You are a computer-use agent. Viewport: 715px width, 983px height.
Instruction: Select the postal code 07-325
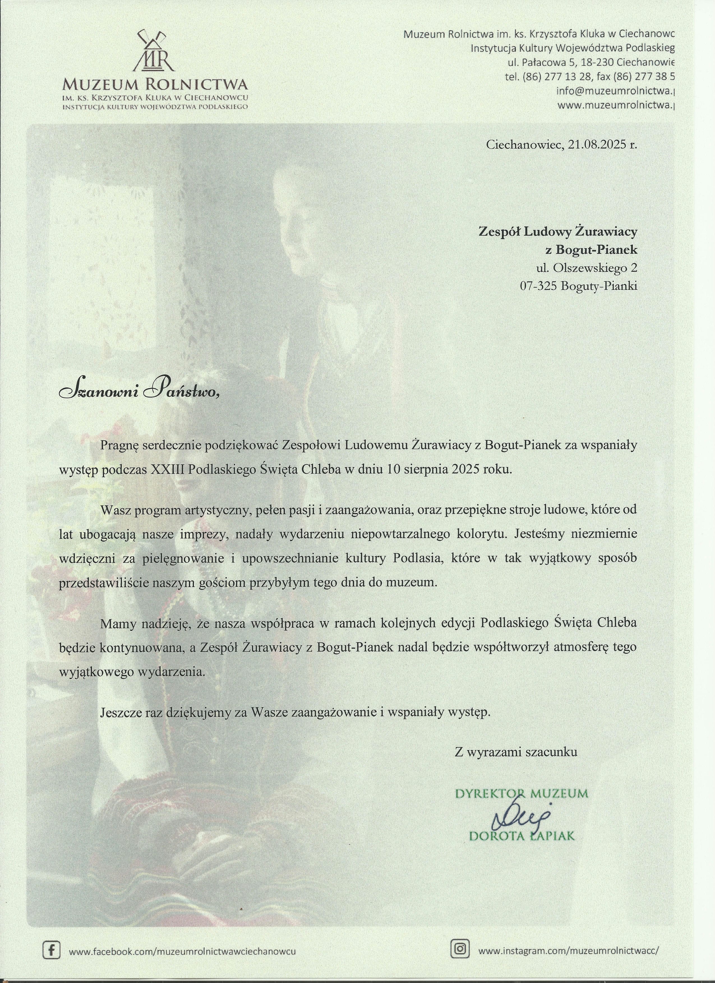coord(539,286)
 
